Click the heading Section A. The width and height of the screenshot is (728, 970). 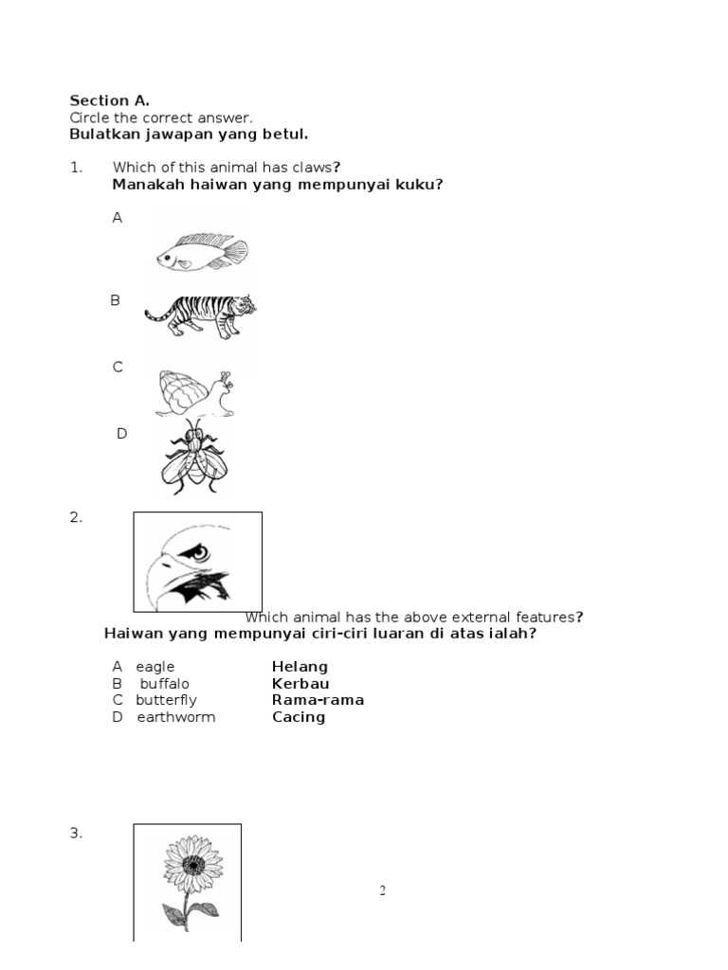pyautogui.click(x=109, y=100)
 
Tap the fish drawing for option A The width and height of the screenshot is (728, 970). pyautogui.click(x=202, y=251)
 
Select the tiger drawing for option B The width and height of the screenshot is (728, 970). pyautogui.click(x=200, y=315)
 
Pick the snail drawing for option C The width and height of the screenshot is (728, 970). pyautogui.click(x=194, y=392)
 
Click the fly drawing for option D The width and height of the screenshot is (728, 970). pyautogui.click(x=194, y=458)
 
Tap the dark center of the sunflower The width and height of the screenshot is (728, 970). pyautogui.click(x=193, y=865)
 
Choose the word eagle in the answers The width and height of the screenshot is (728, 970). pyautogui.click(x=155, y=667)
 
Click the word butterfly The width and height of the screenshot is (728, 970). pyautogui.click(x=166, y=700)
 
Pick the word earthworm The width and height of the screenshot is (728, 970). pyautogui.click(x=176, y=717)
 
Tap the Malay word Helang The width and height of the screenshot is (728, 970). pyautogui.click(x=300, y=667)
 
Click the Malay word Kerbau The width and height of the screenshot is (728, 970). pyautogui.click(x=300, y=684)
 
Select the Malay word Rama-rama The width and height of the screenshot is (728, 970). pyautogui.click(x=318, y=700)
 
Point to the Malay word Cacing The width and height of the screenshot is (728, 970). pyautogui.click(x=299, y=717)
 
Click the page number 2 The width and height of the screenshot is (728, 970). pyautogui.click(x=383, y=890)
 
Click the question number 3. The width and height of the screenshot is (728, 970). pyautogui.click(x=76, y=834)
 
